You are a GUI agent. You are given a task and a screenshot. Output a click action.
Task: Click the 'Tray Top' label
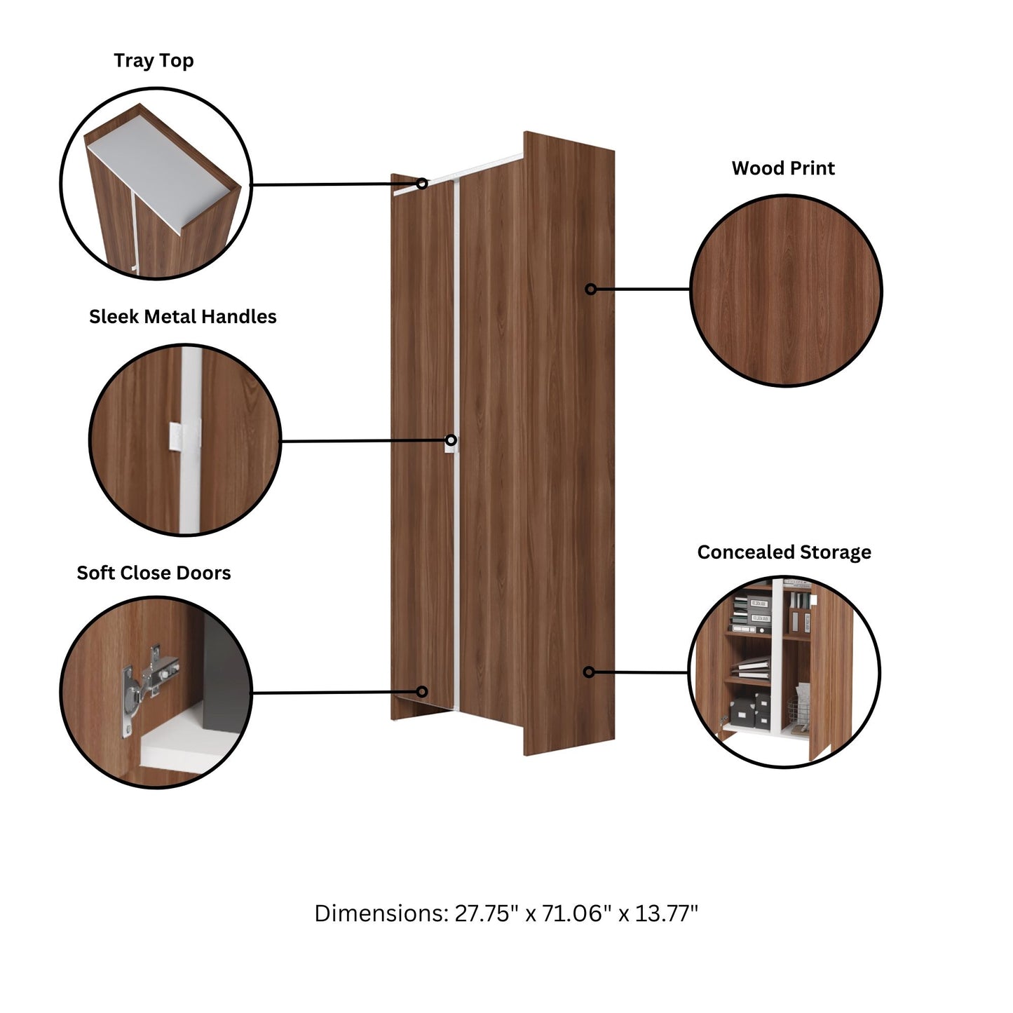click(x=154, y=61)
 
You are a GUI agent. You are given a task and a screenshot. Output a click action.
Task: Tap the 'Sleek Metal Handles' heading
click(x=182, y=317)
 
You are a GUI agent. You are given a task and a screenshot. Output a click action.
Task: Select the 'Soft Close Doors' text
click(x=154, y=573)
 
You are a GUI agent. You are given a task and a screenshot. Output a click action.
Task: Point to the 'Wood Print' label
click(x=783, y=168)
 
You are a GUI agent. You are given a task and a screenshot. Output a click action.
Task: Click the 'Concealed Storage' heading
click(x=784, y=552)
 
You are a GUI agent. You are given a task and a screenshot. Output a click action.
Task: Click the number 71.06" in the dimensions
click(x=572, y=913)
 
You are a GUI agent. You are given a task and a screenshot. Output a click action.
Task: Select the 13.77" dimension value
click(x=667, y=913)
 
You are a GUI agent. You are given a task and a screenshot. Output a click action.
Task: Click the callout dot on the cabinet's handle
click(x=451, y=440)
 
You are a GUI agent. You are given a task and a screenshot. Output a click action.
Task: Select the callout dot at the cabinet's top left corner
click(x=422, y=184)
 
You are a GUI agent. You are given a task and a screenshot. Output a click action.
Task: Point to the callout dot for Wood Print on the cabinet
click(x=591, y=289)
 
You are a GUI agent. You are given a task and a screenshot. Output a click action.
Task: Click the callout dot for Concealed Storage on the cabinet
click(x=589, y=672)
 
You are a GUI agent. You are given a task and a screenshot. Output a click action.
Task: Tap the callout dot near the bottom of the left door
click(x=422, y=692)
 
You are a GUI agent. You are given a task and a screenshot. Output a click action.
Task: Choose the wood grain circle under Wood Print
click(x=786, y=291)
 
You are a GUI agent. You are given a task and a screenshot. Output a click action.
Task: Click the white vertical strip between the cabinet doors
click(x=456, y=351)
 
